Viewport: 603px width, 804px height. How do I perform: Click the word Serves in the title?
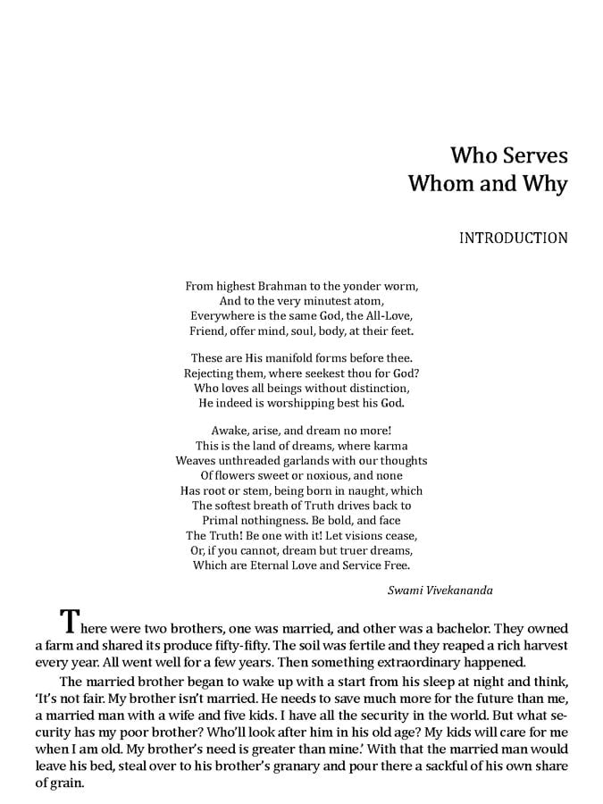pyautogui.click(x=532, y=155)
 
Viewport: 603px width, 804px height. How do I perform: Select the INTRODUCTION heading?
pyautogui.click(x=513, y=239)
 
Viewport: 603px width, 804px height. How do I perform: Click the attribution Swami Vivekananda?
pyautogui.click(x=440, y=590)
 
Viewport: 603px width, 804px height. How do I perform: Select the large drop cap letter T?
pyautogui.click(x=71, y=622)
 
